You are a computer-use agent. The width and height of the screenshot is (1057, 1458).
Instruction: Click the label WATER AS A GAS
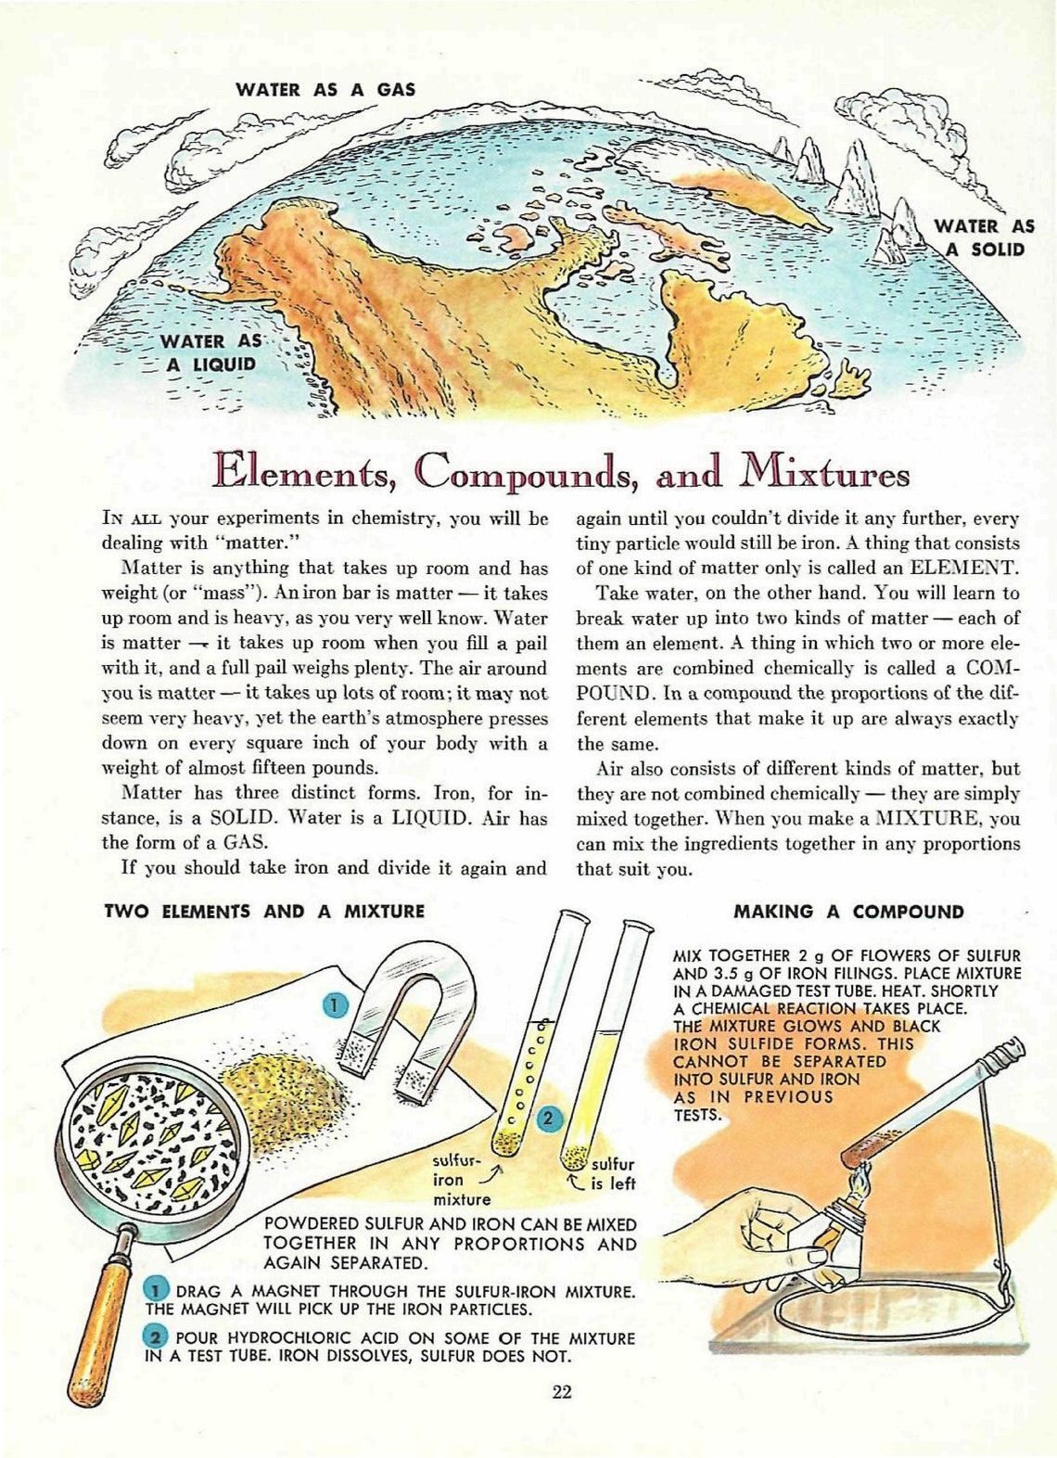(x=325, y=90)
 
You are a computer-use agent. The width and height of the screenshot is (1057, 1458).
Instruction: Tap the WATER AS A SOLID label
(x=983, y=238)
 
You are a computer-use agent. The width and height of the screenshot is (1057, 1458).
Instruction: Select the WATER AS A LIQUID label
(x=210, y=353)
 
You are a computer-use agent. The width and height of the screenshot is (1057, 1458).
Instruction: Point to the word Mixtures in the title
(x=823, y=473)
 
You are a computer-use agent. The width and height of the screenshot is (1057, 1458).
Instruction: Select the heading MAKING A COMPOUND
(x=848, y=912)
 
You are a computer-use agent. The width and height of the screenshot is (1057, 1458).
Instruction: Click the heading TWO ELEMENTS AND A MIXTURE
(x=264, y=912)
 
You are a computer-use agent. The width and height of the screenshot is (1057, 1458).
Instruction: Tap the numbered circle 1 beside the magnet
(x=336, y=1004)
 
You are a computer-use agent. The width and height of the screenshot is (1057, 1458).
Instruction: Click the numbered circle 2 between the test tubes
(x=548, y=1118)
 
